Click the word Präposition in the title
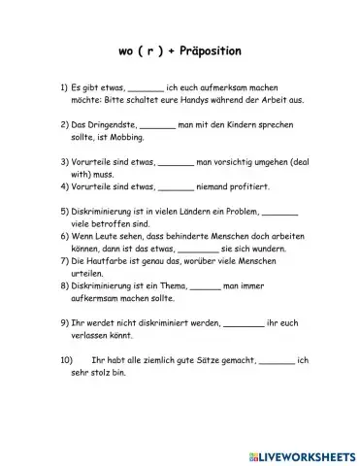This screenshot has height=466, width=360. pos(201,49)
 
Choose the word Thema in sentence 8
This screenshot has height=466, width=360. pos(165,286)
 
